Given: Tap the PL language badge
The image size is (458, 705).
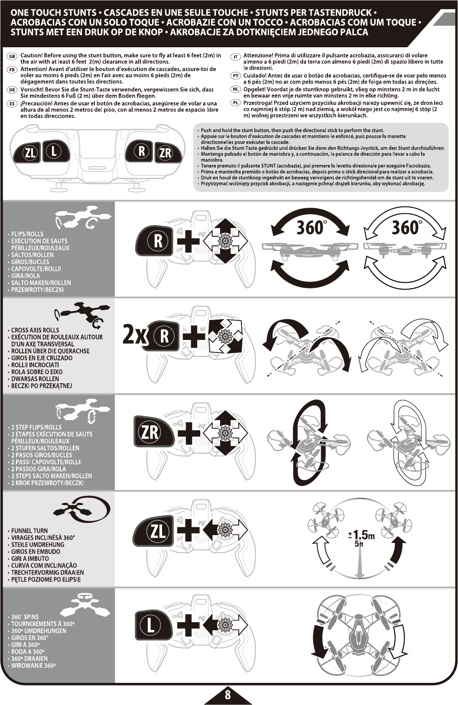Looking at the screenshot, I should [x=235, y=104].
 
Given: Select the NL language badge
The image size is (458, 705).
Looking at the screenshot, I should [x=235, y=90].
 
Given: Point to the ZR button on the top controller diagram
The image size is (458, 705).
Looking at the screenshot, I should [x=165, y=153].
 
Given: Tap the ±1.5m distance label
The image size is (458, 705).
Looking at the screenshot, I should [x=361, y=535].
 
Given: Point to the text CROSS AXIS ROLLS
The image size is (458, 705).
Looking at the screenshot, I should [x=35, y=330].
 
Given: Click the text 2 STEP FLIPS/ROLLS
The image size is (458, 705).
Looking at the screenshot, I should [x=36, y=427].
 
